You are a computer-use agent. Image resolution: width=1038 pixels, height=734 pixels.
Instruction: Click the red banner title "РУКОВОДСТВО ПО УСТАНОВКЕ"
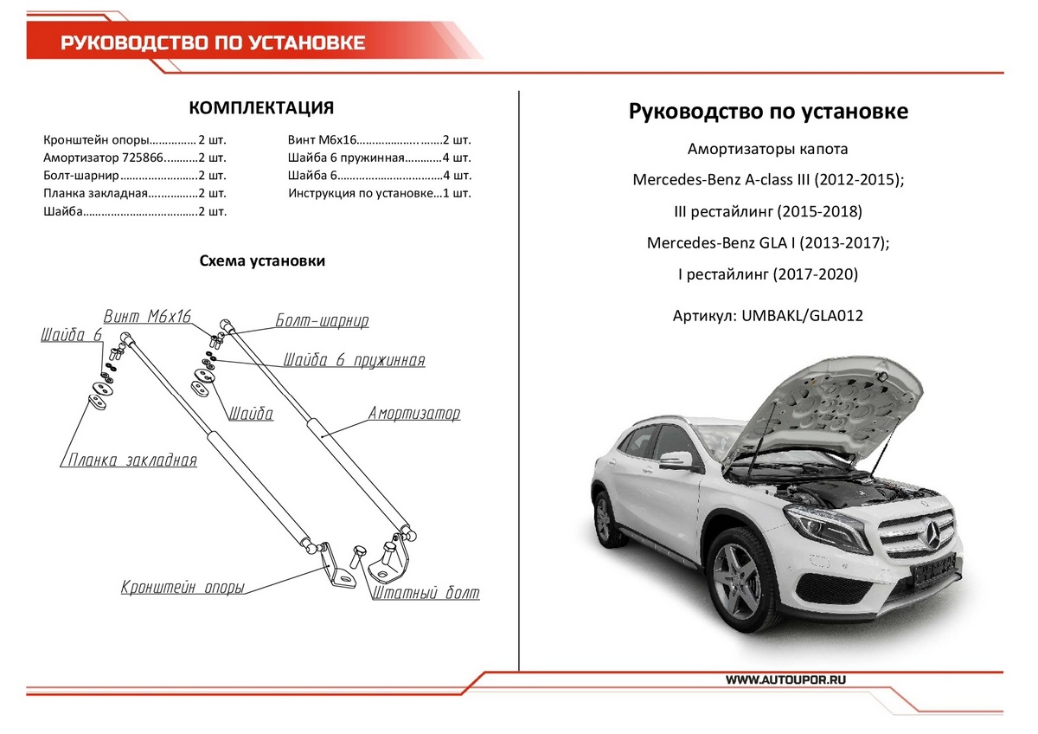pyautogui.click(x=212, y=43)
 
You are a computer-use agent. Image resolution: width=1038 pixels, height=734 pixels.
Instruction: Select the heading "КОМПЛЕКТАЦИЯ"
pyautogui.click(x=261, y=108)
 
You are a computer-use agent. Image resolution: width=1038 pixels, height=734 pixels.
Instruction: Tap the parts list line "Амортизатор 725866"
pyautogui.click(x=134, y=158)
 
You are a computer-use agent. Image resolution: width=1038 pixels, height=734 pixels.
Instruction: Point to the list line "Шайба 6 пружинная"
pyautogui.click(x=380, y=158)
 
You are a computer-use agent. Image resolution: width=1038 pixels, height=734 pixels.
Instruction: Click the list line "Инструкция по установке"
pyautogui.click(x=380, y=194)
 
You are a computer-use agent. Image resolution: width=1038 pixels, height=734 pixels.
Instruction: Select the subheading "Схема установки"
pyautogui.click(x=262, y=261)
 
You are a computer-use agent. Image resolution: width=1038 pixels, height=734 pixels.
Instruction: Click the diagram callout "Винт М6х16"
pyautogui.click(x=147, y=316)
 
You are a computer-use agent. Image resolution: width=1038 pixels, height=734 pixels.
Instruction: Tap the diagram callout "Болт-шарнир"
pyautogui.click(x=322, y=321)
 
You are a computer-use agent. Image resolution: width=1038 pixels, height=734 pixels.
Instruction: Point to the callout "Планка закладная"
pyautogui.click(x=132, y=460)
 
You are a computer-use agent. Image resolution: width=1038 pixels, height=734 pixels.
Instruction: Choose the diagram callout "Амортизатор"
pyautogui.click(x=414, y=413)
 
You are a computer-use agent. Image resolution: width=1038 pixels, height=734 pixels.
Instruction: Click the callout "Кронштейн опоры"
pyautogui.click(x=182, y=588)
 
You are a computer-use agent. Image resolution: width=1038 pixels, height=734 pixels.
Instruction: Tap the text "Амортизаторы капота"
pyautogui.click(x=767, y=149)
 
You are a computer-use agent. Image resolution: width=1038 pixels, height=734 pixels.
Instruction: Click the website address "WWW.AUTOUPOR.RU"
pyautogui.click(x=785, y=679)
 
